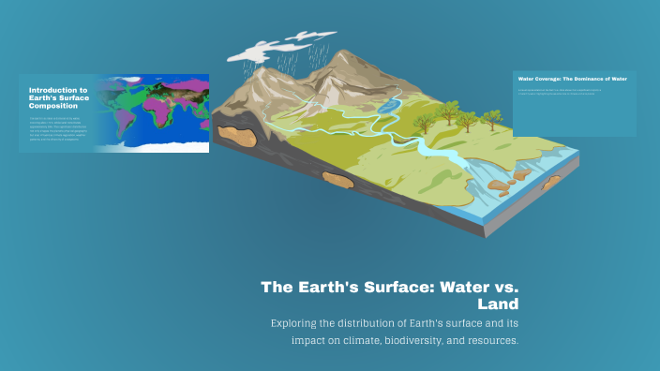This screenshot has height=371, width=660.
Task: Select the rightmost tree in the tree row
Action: tap(491, 118)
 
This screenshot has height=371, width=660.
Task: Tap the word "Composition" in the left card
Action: tap(53, 106)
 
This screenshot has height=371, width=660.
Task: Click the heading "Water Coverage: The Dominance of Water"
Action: tap(573, 79)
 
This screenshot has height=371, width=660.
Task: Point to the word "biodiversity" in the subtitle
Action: tap(412, 340)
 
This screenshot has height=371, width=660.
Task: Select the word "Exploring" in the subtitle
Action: tap(297, 322)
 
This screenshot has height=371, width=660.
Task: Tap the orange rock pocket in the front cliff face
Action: tap(336, 177)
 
